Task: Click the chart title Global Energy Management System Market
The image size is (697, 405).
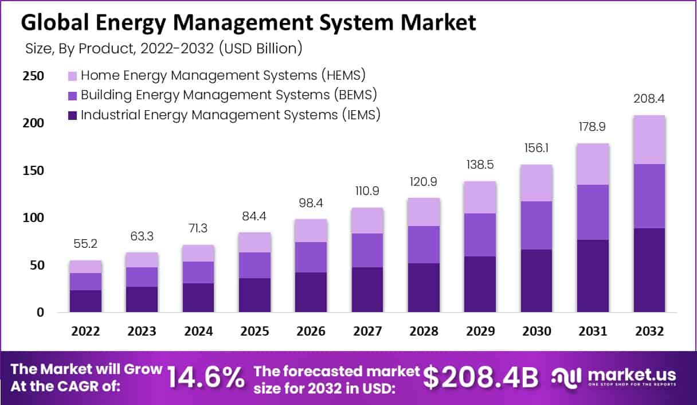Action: [248, 23]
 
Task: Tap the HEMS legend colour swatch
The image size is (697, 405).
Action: [72, 76]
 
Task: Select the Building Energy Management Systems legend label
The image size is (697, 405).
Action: [229, 95]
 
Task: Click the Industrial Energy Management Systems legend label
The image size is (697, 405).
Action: [230, 115]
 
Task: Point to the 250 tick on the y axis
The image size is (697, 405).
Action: [33, 76]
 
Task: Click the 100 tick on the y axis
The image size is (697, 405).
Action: [33, 218]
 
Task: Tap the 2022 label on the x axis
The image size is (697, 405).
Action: [85, 332]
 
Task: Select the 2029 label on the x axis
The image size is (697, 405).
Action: [480, 332]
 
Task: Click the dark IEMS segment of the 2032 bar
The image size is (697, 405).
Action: [649, 270]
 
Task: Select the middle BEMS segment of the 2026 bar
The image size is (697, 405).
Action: [311, 257]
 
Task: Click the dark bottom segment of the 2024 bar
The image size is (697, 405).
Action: [198, 298]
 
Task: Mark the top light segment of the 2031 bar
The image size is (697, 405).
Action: [593, 164]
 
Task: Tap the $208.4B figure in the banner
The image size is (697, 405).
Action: [481, 377]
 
